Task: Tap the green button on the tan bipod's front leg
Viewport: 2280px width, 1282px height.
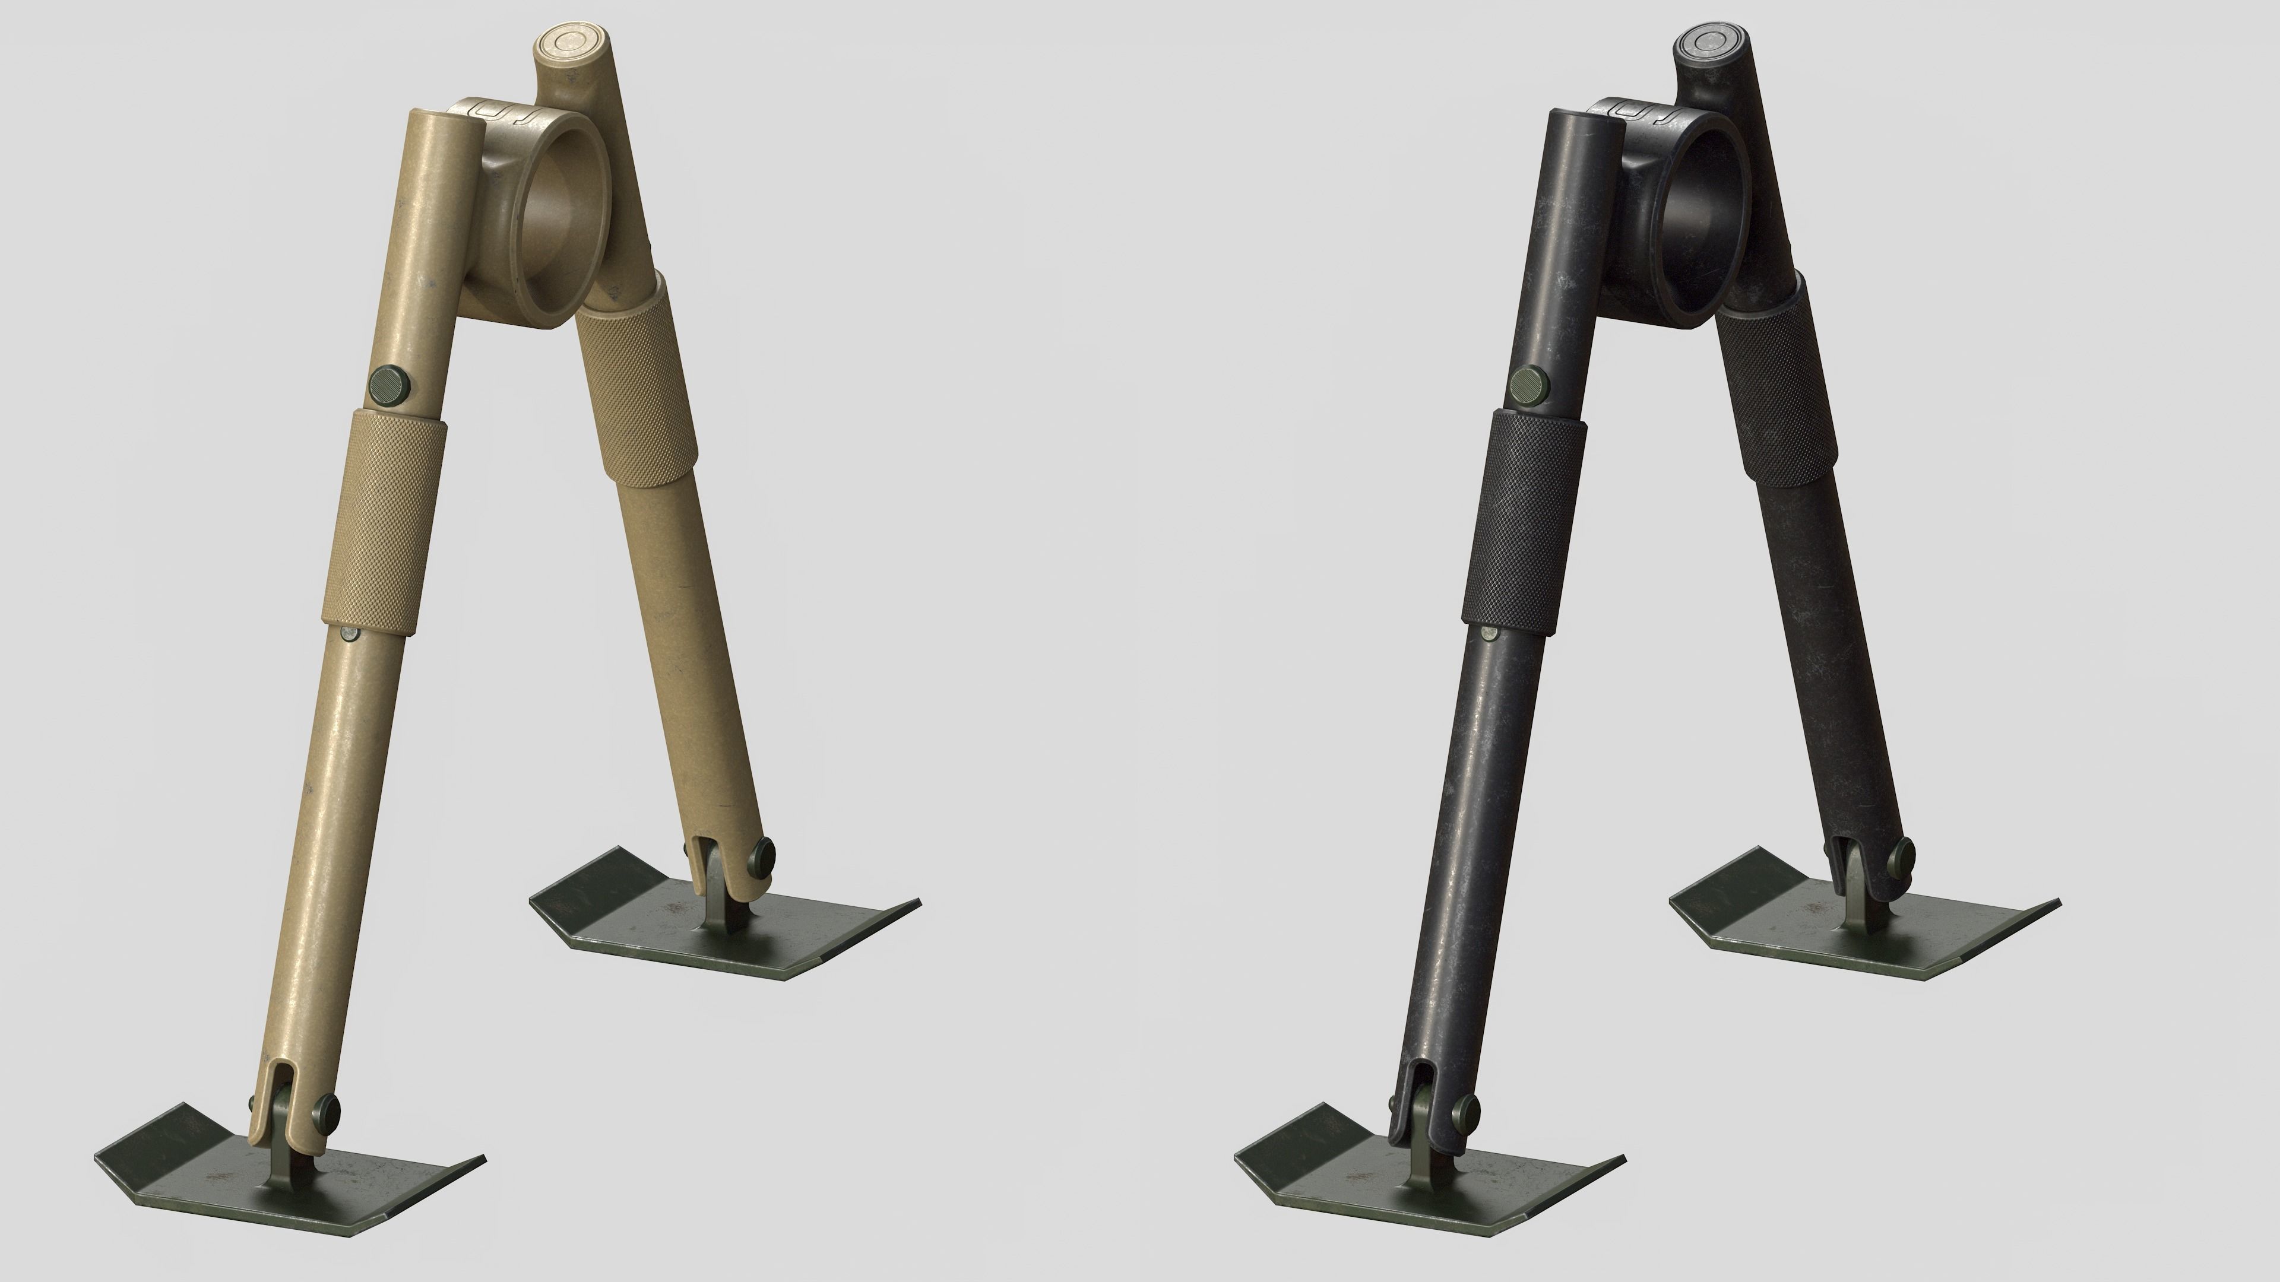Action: (386, 386)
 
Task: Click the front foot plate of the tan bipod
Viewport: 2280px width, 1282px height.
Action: (292, 1177)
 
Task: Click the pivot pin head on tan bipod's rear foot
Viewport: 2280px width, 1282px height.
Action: (762, 856)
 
